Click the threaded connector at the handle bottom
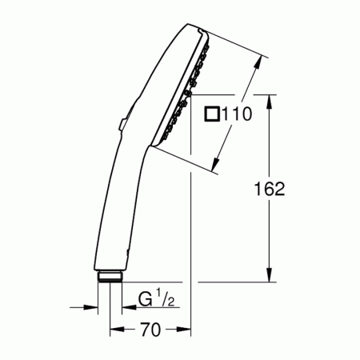click(110, 278)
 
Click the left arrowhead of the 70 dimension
click(114, 329)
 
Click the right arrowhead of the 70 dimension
click(186, 329)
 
